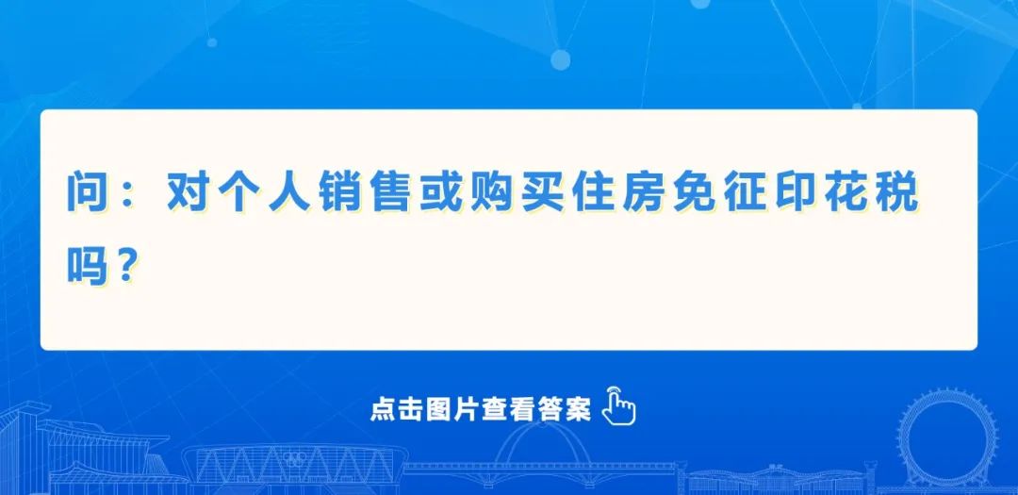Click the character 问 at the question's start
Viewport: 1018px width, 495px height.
click(88, 193)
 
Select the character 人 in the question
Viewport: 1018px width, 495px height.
click(290, 193)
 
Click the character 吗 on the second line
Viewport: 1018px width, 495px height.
click(88, 266)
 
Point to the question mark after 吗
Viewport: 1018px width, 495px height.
click(127, 266)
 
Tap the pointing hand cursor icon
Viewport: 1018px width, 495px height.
click(619, 406)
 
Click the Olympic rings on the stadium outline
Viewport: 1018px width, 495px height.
click(296, 458)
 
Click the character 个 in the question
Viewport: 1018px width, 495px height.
click(239, 193)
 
